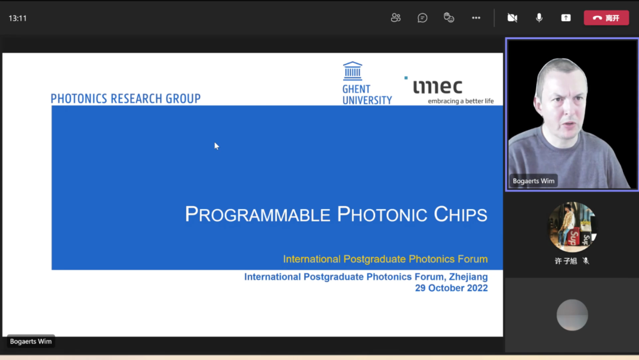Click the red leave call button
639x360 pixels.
(x=606, y=18)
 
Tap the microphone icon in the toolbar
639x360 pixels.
(x=539, y=18)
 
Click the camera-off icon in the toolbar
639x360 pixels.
(x=512, y=18)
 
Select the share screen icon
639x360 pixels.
(x=566, y=18)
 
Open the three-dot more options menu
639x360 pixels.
(x=476, y=18)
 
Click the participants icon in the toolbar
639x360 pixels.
(x=396, y=18)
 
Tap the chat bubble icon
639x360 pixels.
(x=422, y=18)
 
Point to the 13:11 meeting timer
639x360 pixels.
(x=18, y=18)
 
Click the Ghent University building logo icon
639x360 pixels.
(x=353, y=71)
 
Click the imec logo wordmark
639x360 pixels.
(x=437, y=86)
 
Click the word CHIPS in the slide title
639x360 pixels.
(x=460, y=214)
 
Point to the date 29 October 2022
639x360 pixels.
(x=451, y=288)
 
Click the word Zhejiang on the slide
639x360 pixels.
(x=468, y=277)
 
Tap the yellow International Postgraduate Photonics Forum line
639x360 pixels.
(x=386, y=259)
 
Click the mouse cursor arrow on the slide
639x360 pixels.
(x=217, y=146)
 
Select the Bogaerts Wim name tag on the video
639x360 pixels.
(x=534, y=181)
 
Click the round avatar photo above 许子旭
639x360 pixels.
(x=572, y=227)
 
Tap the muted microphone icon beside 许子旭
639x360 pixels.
(x=586, y=261)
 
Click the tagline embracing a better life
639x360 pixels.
(x=460, y=101)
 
